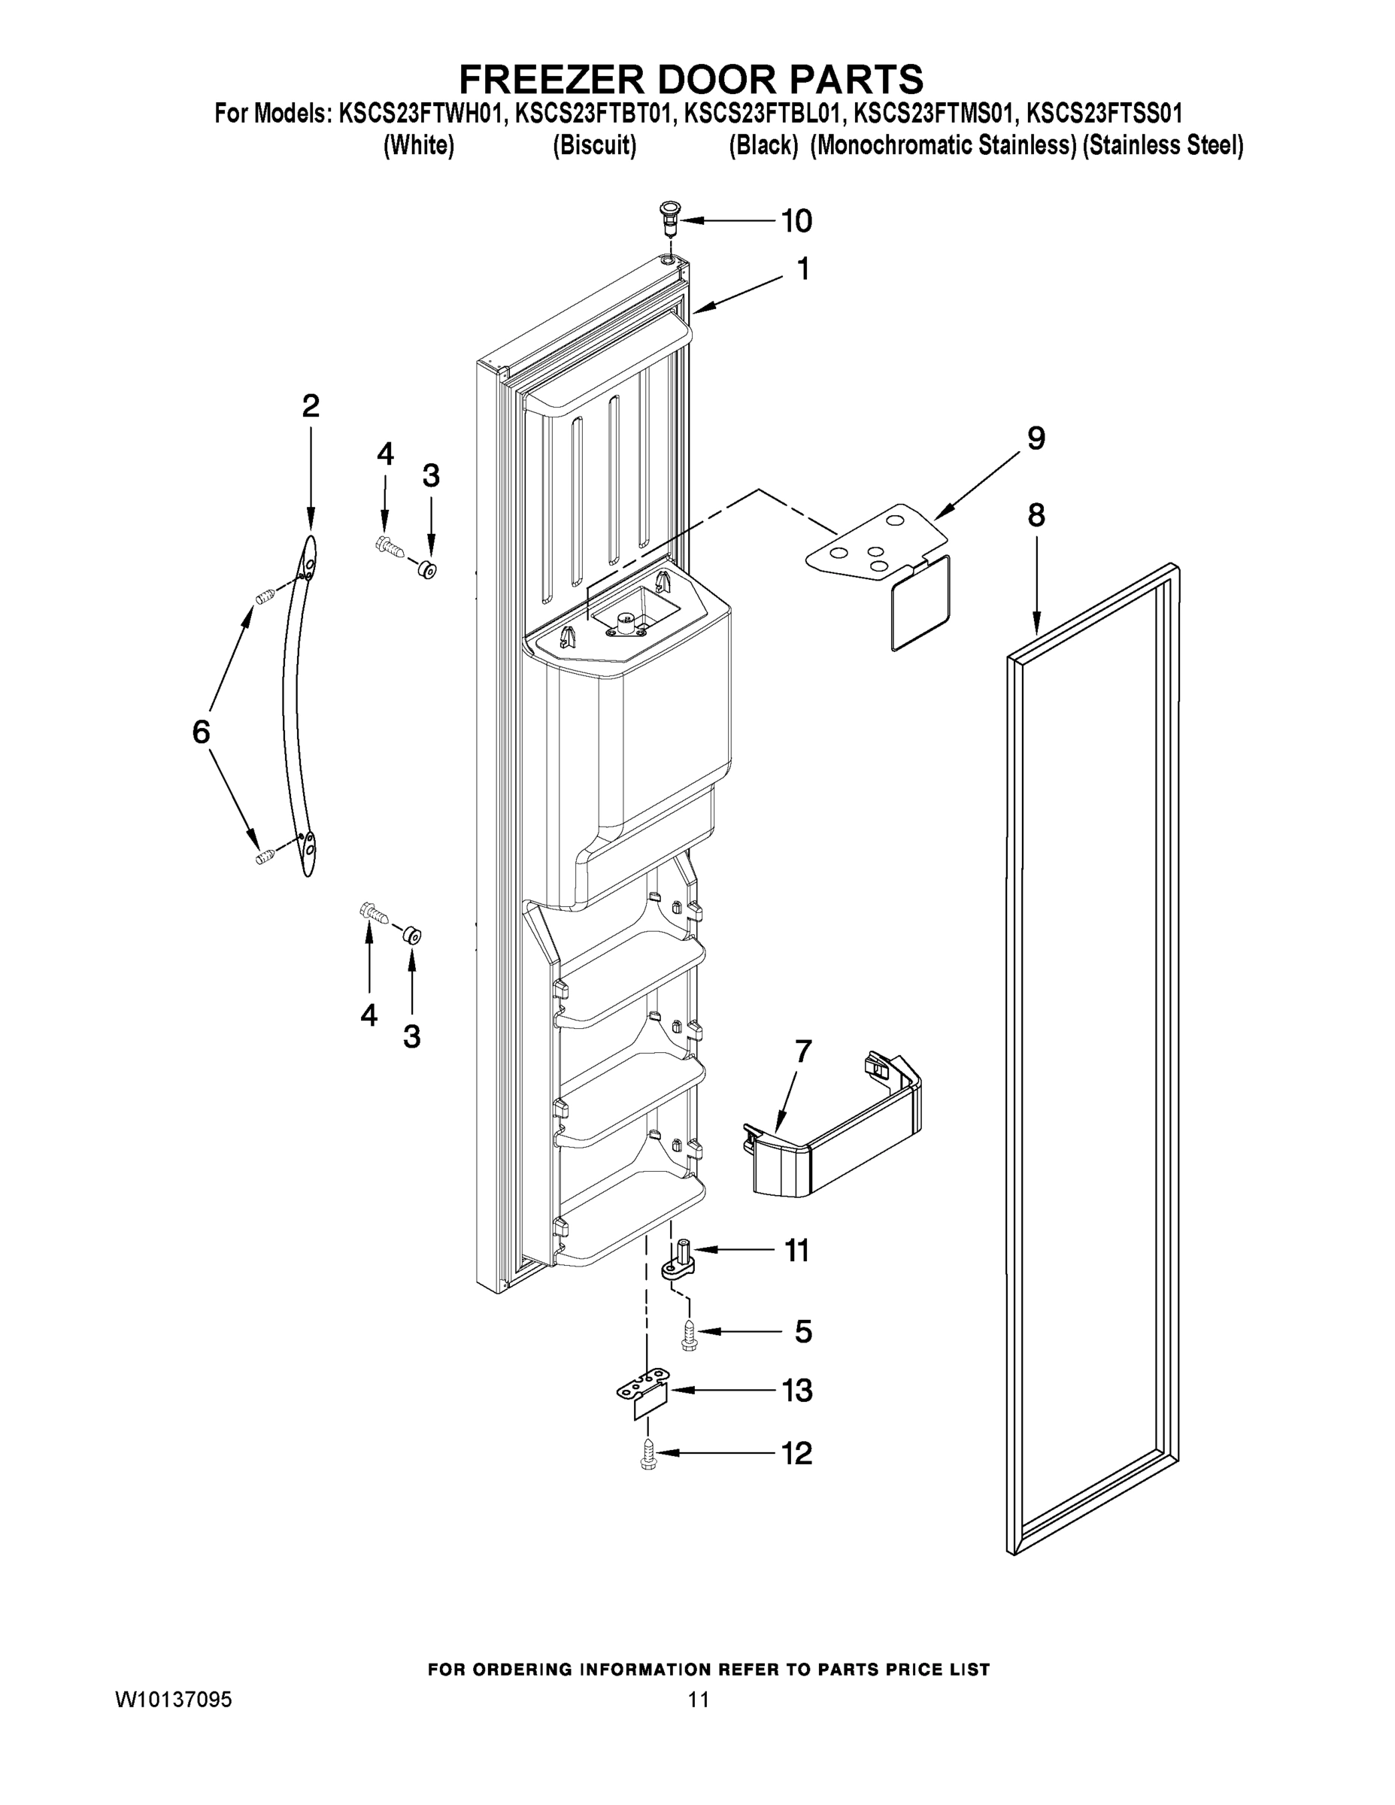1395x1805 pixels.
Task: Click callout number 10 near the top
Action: click(x=796, y=220)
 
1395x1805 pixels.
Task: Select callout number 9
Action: click(x=1036, y=438)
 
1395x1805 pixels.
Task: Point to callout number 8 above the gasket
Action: click(x=1036, y=516)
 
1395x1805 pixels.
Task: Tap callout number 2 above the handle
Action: click(x=310, y=406)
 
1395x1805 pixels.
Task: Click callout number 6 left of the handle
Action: click(x=201, y=732)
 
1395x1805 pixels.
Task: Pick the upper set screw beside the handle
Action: click(x=265, y=596)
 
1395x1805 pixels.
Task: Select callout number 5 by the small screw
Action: click(x=802, y=1331)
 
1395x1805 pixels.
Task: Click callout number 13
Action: click(x=796, y=1391)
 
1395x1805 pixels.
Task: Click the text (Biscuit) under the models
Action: click(x=594, y=147)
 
